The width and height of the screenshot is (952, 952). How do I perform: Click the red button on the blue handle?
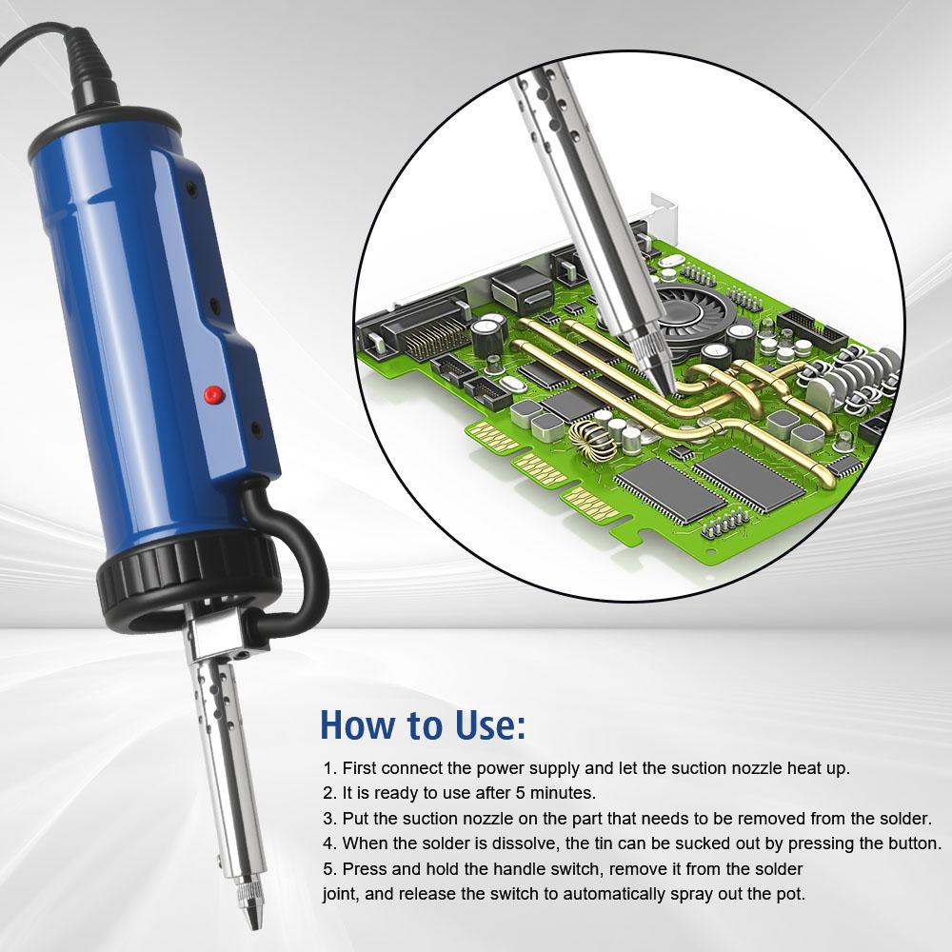pos(212,392)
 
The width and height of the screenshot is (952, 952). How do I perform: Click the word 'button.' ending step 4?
pos(912,843)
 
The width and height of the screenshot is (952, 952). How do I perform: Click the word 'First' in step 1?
pos(361,767)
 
